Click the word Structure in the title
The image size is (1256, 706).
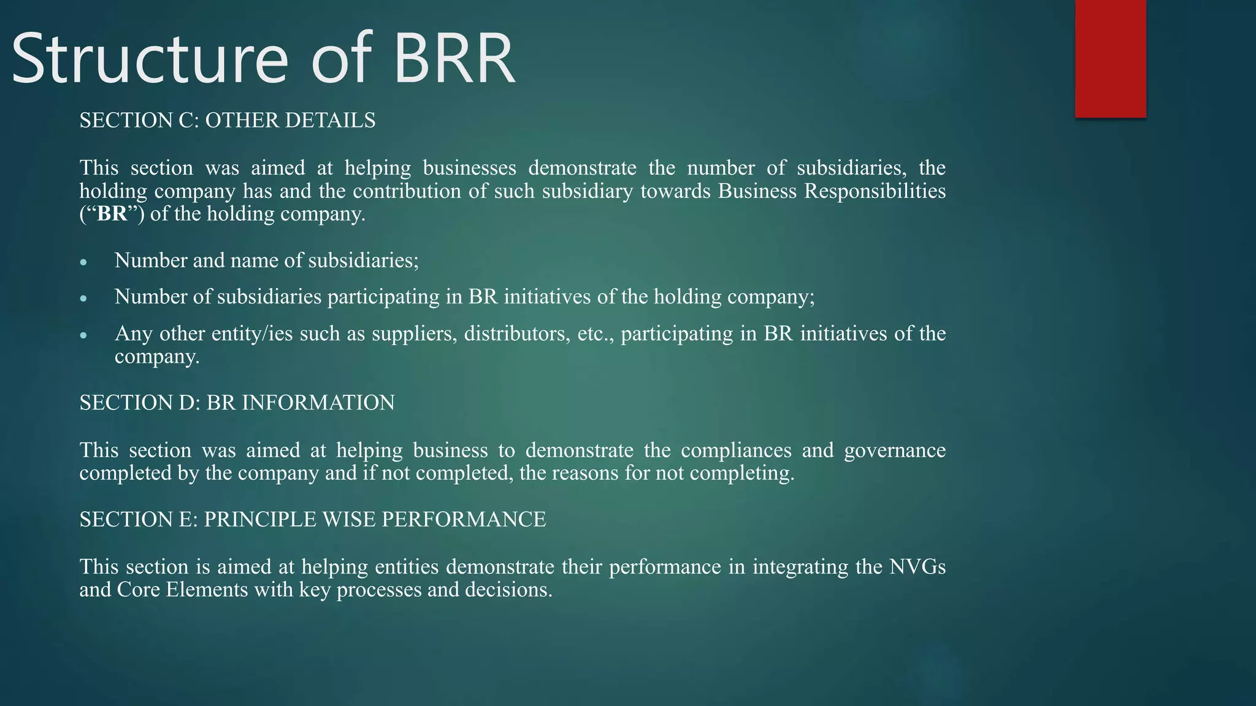[x=150, y=59]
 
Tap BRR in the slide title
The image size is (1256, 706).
[x=453, y=59]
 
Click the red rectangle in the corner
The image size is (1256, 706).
[x=1110, y=58]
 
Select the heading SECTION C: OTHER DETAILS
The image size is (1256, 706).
[x=228, y=120]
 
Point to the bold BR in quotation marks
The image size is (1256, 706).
[x=112, y=214]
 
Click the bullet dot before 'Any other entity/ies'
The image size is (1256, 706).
[x=84, y=336]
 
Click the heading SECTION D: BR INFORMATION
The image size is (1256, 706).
[x=237, y=403]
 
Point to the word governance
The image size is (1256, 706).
[x=895, y=450]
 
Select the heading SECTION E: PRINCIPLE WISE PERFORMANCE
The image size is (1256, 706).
[x=313, y=520]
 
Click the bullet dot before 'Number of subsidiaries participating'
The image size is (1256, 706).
[x=84, y=299]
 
